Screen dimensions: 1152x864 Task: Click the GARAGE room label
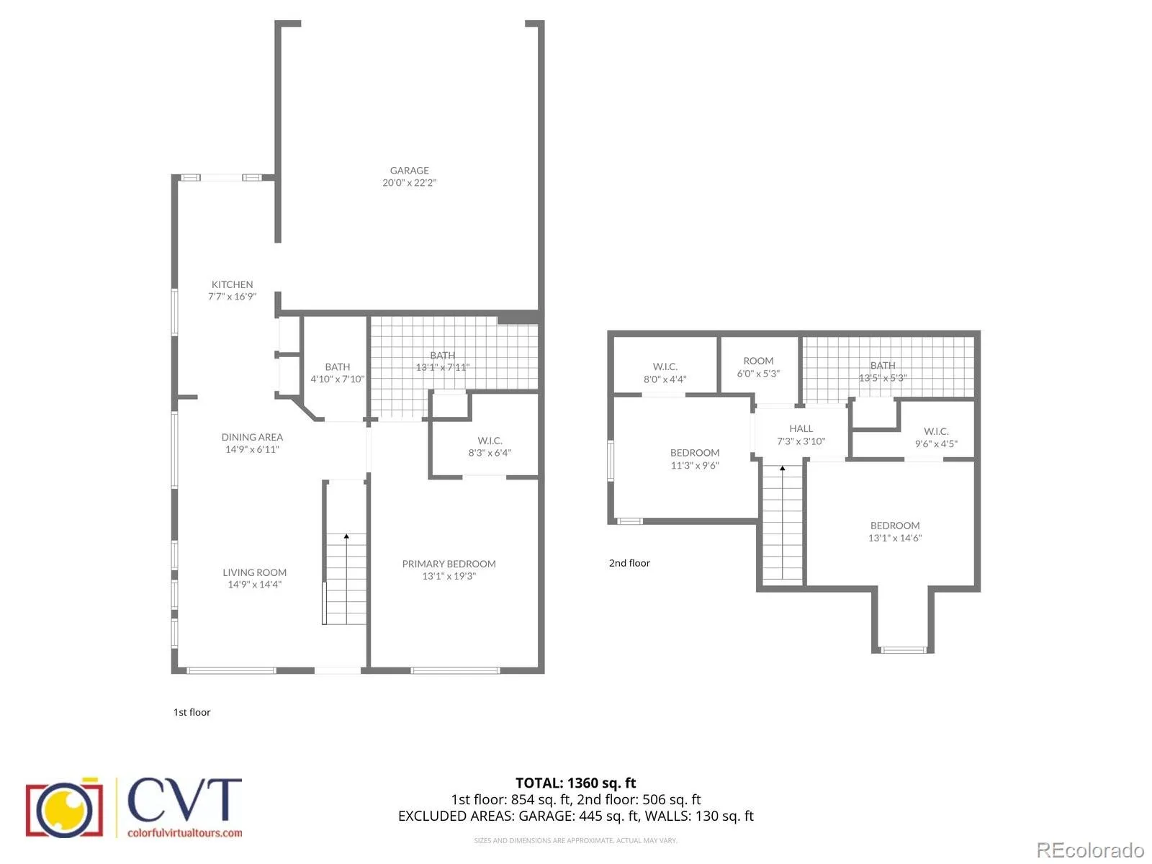(x=409, y=171)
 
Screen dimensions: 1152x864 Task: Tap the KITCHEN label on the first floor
(x=232, y=284)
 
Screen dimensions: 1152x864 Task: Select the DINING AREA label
(x=252, y=437)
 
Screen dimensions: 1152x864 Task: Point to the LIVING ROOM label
(x=255, y=572)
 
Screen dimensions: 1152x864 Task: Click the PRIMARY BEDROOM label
(x=449, y=564)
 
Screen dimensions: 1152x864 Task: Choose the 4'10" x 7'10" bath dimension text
(x=337, y=379)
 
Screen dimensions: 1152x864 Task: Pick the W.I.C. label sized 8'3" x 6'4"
(x=490, y=441)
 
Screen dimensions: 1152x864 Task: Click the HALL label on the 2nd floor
(x=801, y=428)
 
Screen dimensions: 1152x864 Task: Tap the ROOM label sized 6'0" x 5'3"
(x=758, y=361)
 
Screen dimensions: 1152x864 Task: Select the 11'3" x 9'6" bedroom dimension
(x=694, y=465)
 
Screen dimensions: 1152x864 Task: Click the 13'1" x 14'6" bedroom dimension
(x=895, y=538)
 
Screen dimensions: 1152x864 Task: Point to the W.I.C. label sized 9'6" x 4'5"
(x=936, y=431)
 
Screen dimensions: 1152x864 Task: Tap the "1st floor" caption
(x=192, y=712)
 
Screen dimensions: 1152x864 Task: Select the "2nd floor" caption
(x=629, y=563)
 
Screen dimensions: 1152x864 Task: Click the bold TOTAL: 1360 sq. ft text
(x=575, y=783)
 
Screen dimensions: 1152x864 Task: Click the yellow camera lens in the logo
(x=65, y=809)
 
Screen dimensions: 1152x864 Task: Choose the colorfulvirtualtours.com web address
(x=185, y=832)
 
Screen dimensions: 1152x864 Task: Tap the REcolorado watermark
(x=1090, y=850)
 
